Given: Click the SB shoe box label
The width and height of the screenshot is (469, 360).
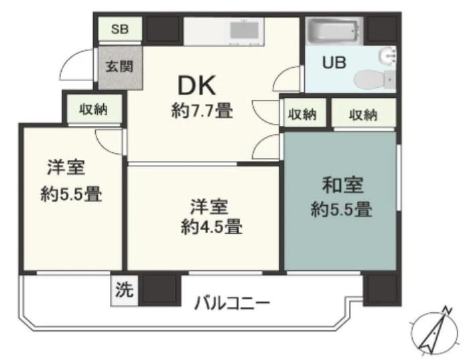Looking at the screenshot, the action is [x=120, y=29].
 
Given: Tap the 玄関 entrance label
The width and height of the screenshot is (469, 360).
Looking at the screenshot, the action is [x=119, y=66].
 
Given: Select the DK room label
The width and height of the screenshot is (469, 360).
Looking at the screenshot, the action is [x=196, y=86].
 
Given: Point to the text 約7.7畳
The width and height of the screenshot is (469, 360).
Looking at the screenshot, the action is [x=202, y=111].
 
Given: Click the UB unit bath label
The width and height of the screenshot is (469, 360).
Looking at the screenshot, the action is [x=334, y=62].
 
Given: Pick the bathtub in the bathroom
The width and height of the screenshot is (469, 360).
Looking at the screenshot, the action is [x=335, y=31].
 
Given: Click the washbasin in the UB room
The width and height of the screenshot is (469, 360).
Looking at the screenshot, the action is [x=387, y=56].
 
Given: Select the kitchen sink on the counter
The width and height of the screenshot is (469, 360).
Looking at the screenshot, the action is [x=245, y=31].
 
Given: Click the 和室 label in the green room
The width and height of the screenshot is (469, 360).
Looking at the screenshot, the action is [x=342, y=185].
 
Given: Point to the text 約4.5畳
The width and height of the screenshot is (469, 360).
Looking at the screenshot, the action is [x=212, y=227].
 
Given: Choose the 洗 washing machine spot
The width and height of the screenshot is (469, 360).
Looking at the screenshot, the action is [x=125, y=290].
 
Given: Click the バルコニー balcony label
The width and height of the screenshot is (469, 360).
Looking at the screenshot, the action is [x=232, y=303].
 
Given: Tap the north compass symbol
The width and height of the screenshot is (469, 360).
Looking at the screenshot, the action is [x=434, y=331].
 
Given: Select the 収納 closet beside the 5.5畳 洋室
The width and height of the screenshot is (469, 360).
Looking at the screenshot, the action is [x=94, y=109].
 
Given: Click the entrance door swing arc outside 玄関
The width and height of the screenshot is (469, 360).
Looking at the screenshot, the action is [x=66, y=61].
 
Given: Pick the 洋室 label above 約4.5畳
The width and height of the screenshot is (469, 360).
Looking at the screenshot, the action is [x=209, y=206].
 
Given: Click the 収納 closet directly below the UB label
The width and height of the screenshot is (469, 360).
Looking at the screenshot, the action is [x=304, y=113].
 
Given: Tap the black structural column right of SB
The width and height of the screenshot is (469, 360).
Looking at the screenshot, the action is [x=162, y=29].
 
